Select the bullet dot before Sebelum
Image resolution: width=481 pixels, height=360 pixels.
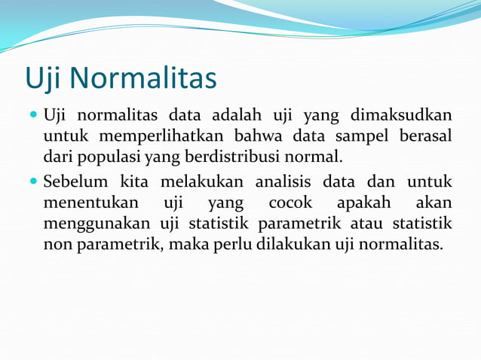tap(33, 182)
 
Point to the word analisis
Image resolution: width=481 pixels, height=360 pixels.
tap(283, 182)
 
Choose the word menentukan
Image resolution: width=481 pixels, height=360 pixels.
tap(90, 203)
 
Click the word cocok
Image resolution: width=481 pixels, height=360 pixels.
tap(290, 203)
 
